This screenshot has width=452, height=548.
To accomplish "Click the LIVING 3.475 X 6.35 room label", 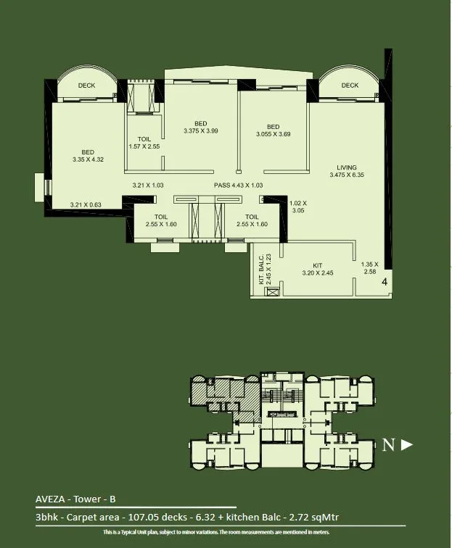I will [x=345, y=171].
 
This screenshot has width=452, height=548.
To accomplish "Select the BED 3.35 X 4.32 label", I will [x=84, y=155].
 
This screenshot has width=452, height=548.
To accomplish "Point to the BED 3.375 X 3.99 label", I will [x=201, y=127].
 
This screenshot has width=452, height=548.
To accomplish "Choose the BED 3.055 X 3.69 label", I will [x=273, y=130].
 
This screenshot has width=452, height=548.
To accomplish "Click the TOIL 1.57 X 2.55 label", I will [x=144, y=143].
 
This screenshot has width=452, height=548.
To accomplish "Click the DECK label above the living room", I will [x=350, y=86].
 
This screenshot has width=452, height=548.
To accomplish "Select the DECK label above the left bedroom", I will [x=86, y=86].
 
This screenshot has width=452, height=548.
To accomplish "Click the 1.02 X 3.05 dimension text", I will [x=298, y=207].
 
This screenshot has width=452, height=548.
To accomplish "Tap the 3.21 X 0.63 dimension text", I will [x=85, y=205].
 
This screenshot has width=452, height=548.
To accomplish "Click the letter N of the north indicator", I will [x=389, y=445].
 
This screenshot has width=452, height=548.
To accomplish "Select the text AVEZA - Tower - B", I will [x=75, y=499].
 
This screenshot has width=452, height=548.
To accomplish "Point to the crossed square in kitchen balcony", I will [x=272, y=293].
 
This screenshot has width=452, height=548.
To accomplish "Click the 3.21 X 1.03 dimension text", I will [x=148, y=186].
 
